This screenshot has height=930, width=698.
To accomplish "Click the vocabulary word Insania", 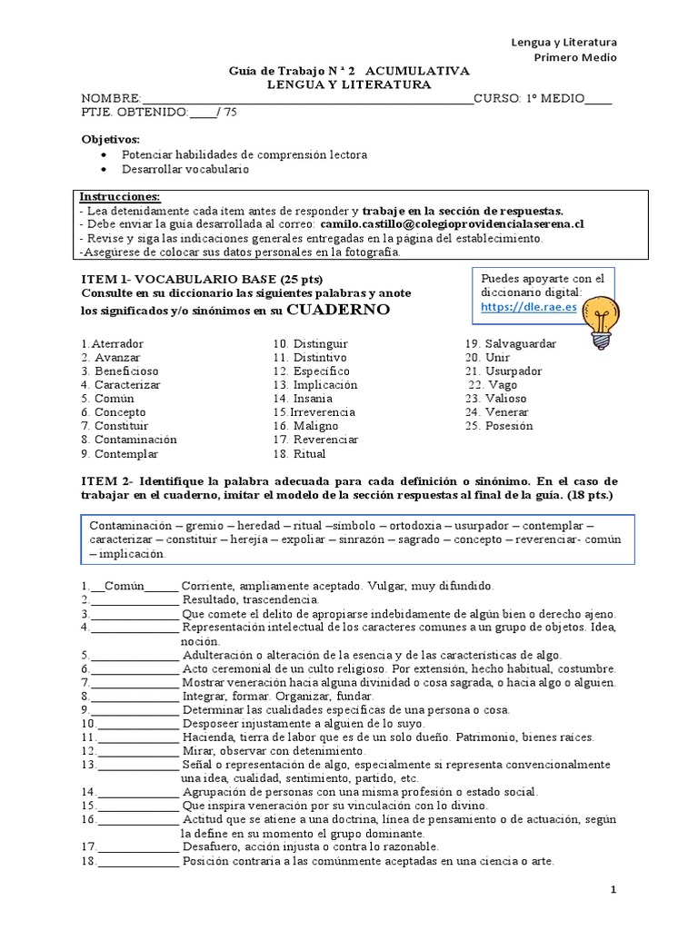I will (313, 398).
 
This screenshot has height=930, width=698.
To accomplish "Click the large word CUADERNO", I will (338, 310).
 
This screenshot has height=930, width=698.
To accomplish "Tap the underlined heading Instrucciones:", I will (120, 196).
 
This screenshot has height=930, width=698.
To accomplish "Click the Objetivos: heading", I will (111, 139).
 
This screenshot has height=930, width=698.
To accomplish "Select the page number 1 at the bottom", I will (613, 891).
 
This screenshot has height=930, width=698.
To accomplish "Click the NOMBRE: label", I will (112, 98).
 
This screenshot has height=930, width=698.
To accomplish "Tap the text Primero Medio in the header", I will (574, 57).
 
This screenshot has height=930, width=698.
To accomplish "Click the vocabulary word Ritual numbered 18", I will (309, 453).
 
